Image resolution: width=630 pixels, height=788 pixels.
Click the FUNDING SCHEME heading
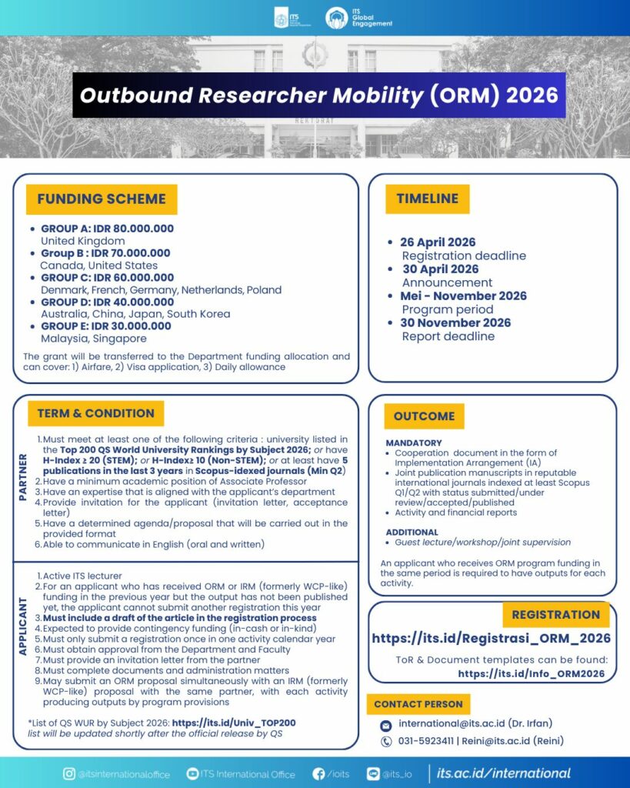point(102,199)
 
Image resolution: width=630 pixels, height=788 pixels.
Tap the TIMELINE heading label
point(427,199)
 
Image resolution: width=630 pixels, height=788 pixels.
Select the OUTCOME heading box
point(424,416)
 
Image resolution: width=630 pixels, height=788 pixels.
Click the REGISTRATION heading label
point(555,614)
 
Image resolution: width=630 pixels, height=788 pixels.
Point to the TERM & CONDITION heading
point(95,413)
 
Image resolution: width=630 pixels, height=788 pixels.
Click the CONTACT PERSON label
point(418,704)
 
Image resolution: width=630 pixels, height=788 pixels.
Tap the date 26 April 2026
point(438,242)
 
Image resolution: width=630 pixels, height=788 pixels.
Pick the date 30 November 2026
point(455,322)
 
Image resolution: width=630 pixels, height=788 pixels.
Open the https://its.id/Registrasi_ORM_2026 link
point(491,638)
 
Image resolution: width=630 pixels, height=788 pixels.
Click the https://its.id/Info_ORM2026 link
point(531,673)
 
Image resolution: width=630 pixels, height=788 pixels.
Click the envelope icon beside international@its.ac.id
point(386,725)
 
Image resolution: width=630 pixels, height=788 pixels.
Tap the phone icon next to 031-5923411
point(386,741)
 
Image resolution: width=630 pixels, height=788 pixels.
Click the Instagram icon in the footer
point(68,774)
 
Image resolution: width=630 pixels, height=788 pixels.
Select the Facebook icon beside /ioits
point(318,774)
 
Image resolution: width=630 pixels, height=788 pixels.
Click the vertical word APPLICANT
point(22,633)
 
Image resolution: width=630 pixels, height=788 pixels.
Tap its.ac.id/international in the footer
point(503,773)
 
